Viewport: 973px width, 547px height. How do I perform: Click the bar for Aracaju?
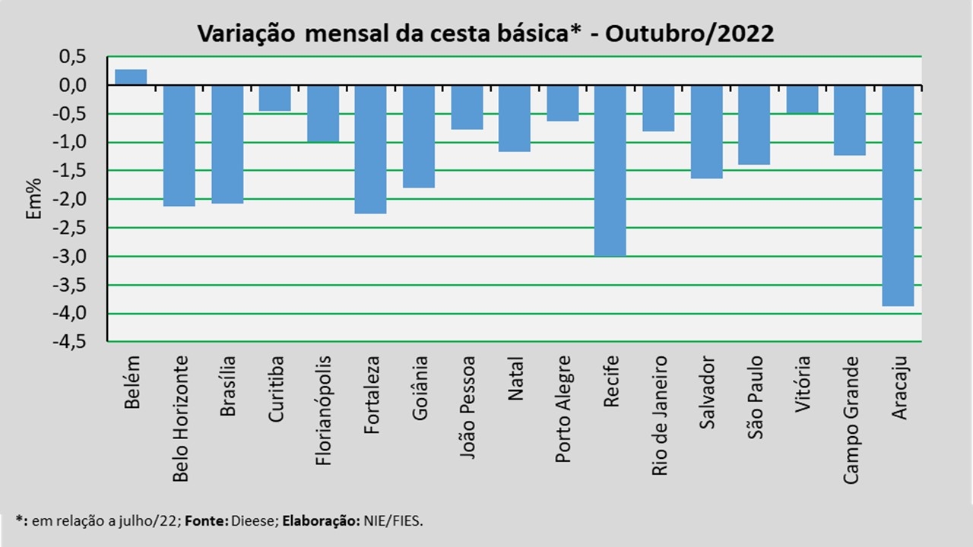point(897,195)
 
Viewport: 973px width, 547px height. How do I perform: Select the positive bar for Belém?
point(131,77)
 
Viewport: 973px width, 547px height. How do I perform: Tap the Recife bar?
point(610,170)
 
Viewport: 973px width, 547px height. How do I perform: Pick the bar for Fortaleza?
point(370,149)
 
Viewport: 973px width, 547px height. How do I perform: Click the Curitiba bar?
point(274,98)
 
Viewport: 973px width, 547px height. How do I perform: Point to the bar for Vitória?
point(802,99)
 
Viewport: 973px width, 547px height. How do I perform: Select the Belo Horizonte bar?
point(179,145)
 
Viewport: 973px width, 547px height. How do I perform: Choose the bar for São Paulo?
point(753,125)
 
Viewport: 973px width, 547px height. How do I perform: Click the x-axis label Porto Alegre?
point(563,399)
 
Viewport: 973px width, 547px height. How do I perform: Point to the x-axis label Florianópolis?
point(323,409)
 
